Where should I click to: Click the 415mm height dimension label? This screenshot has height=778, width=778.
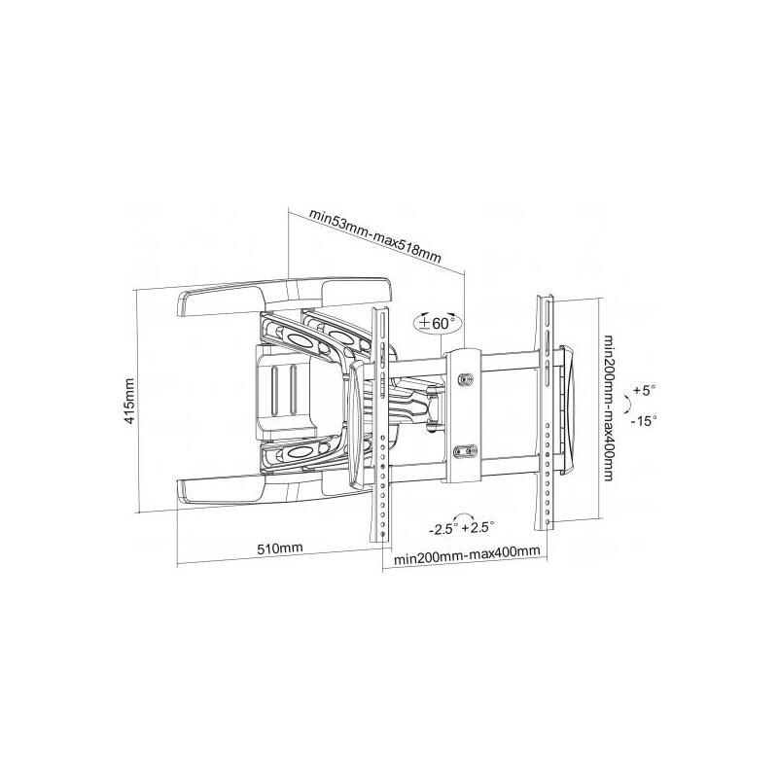pyautogui.click(x=129, y=401)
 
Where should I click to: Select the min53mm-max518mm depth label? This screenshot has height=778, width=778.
pyautogui.click(x=375, y=236)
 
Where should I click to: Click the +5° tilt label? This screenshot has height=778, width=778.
pyautogui.click(x=644, y=390)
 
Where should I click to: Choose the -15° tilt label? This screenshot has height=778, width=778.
pyautogui.click(x=644, y=421)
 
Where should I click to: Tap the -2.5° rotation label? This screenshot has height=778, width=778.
pyautogui.click(x=443, y=528)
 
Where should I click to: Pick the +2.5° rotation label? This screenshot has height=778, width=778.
pyautogui.click(x=478, y=526)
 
